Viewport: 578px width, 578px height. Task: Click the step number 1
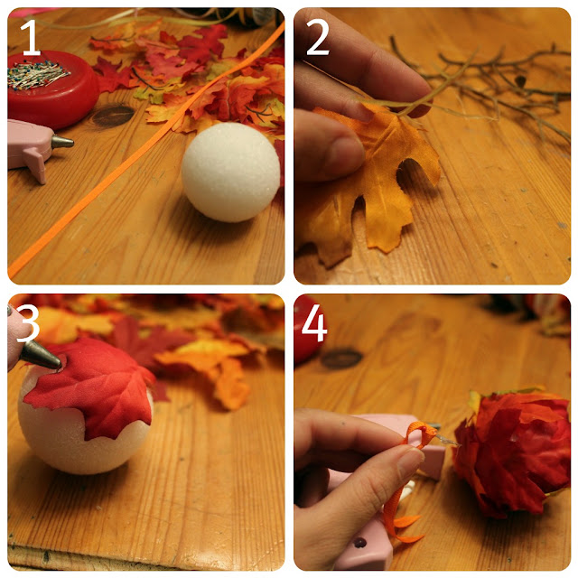[x=31, y=37]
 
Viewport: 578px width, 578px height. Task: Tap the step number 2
[x=317, y=37]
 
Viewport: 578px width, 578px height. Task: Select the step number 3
[x=28, y=323]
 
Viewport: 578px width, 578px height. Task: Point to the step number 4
[x=314, y=323]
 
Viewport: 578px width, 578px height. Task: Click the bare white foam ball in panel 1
[x=231, y=172]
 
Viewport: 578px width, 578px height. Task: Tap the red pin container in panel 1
[x=51, y=89]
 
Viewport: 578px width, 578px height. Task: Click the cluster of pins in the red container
[x=36, y=75]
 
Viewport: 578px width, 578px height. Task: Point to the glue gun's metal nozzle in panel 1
[x=62, y=142]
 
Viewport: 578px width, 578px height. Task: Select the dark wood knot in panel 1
[x=113, y=116]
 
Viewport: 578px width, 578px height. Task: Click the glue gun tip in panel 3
[x=41, y=355]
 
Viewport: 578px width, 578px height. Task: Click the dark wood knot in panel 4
[x=341, y=359]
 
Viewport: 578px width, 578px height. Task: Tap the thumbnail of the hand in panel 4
[x=410, y=461]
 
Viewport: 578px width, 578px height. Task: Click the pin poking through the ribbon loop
[x=447, y=440]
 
